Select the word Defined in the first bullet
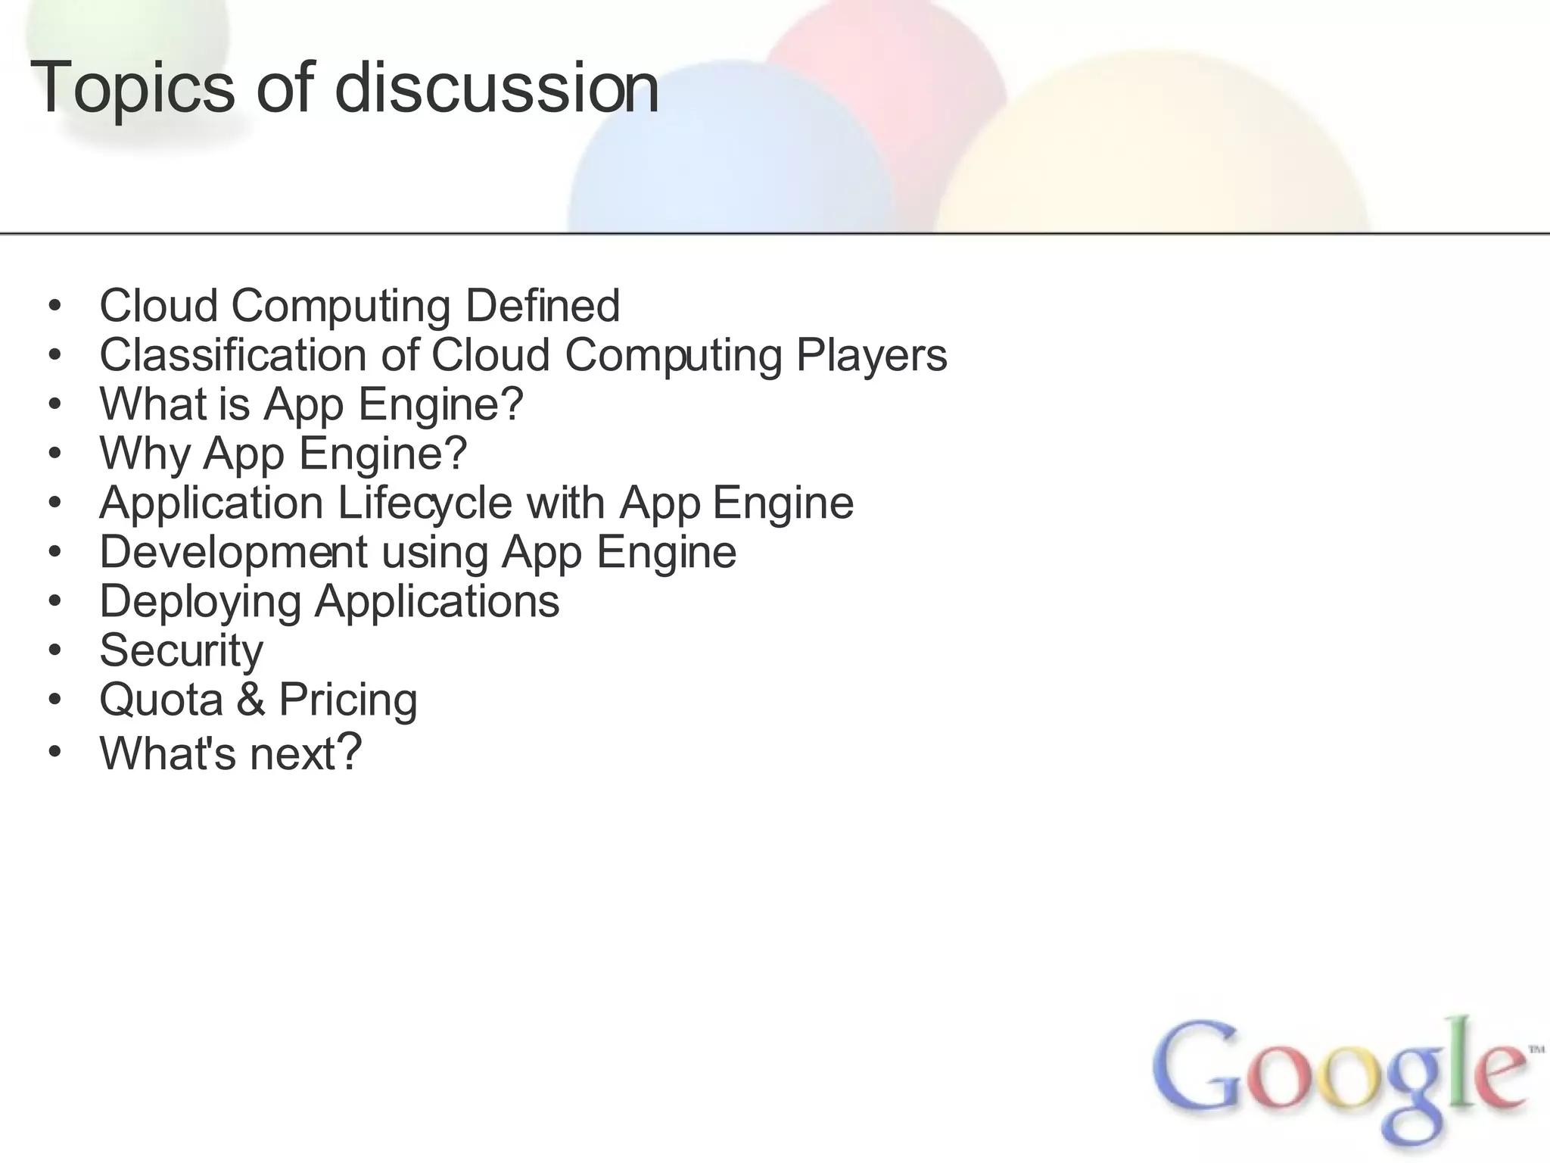coord(543,305)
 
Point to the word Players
coord(871,356)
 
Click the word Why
coord(145,454)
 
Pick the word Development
coord(233,552)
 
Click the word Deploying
coord(201,602)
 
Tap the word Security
coord(182,650)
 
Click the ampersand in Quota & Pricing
coord(251,700)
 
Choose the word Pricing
coord(348,700)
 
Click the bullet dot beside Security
coord(54,650)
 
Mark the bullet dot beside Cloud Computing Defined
coord(54,307)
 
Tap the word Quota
coord(161,700)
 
